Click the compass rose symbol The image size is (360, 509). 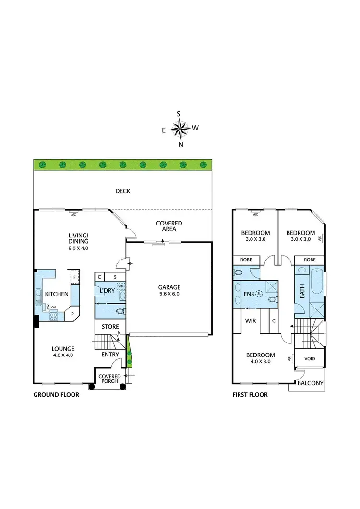click(x=180, y=129)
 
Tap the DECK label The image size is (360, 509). click(x=122, y=191)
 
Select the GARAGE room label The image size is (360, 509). click(x=169, y=287)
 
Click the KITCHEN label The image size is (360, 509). click(x=57, y=294)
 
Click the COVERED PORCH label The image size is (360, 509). click(x=109, y=379)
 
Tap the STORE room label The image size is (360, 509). click(x=110, y=327)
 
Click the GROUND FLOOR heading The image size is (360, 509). click(x=56, y=395)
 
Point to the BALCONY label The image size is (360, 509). click(x=310, y=383)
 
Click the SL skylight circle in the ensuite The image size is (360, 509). click(x=259, y=293)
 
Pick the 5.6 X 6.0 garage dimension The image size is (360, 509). click(x=169, y=295)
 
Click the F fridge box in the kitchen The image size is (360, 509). click(x=75, y=277)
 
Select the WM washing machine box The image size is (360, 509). click(x=120, y=286)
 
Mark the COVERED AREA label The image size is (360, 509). click(x=169, y=226)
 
